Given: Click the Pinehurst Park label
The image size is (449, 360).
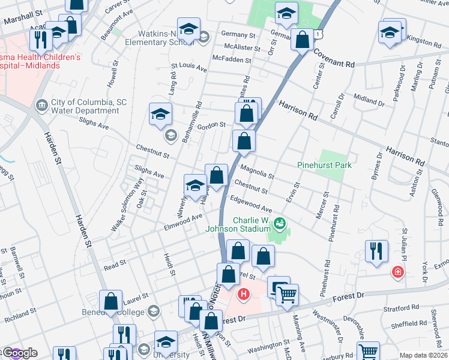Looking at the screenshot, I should (324, 165).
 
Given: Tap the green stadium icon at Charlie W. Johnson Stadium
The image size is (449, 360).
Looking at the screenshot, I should (279, 225).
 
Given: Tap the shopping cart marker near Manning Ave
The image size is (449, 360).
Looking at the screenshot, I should (288, 295).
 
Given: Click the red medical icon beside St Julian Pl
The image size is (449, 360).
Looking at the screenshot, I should (397, 273).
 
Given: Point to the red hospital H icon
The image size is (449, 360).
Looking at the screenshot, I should (243, 294).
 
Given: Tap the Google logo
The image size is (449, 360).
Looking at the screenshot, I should (19, 353).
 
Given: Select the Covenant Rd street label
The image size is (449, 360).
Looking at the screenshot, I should (333, 58).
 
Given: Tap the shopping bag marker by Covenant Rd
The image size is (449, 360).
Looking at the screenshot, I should (303, 40).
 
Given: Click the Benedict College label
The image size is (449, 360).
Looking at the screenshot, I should (113, 312).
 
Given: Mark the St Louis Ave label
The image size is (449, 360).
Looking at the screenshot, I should (188, 68).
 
